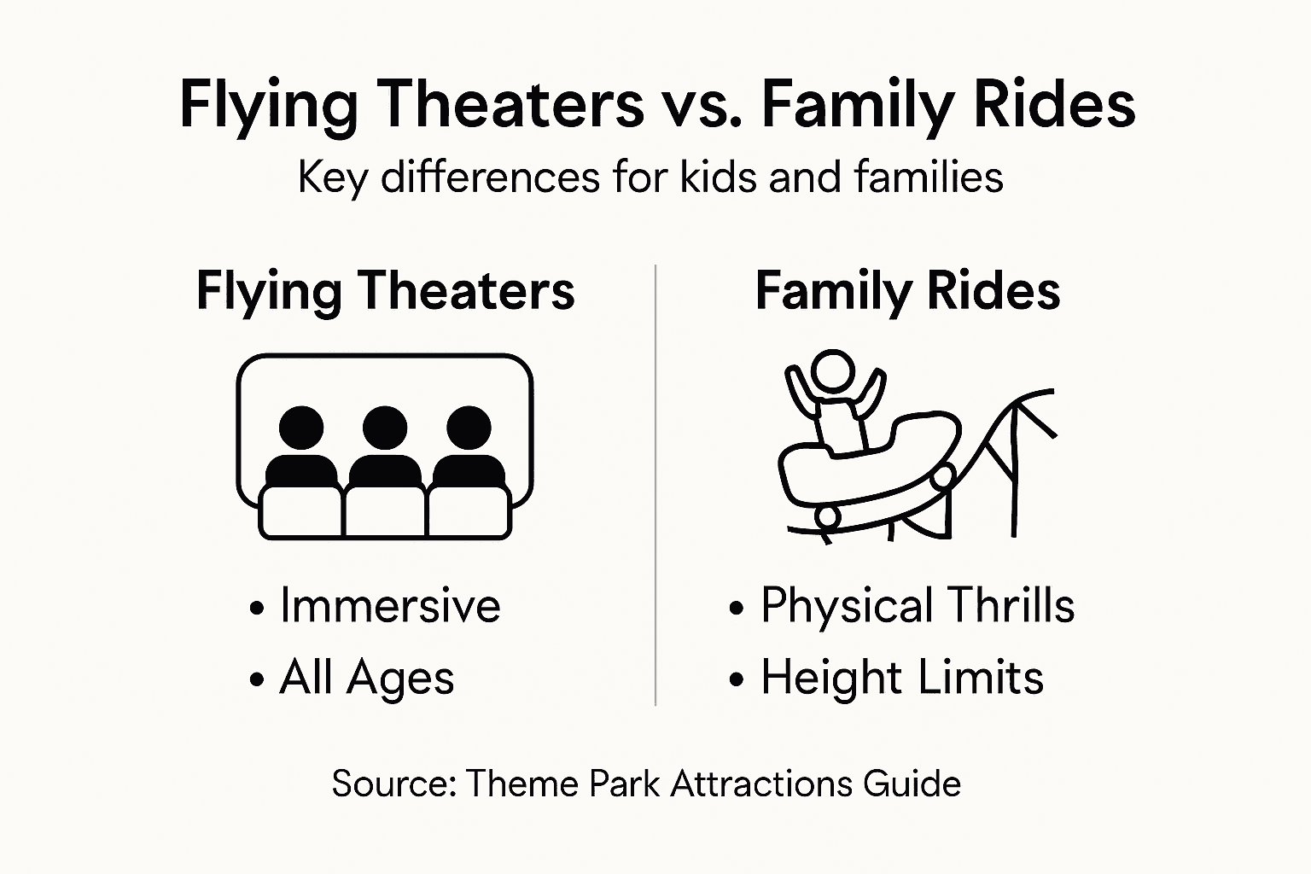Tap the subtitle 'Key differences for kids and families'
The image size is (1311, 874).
point(650,178)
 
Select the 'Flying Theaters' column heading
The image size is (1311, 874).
point(385,291)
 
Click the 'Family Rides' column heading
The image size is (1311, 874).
point(907,291)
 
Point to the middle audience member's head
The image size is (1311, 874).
point(385,427)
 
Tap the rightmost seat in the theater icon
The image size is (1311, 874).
point(469,512)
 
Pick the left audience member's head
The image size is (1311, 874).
point(301,427)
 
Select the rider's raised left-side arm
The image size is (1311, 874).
point(798,393)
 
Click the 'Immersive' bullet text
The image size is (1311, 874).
point(390,606)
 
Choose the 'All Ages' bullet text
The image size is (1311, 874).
point(367,679)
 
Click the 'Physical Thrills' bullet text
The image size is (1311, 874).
point(918,606)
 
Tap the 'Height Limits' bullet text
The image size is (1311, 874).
point(902,679)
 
